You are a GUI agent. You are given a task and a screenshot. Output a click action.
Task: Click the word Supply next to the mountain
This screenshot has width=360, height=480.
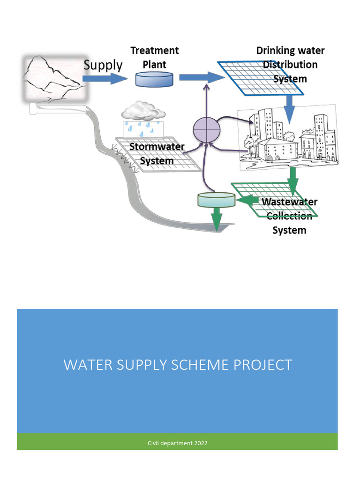click(x=103, y=65)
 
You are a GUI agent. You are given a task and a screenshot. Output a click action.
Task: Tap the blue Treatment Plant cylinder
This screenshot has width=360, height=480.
click(x=154, y=79)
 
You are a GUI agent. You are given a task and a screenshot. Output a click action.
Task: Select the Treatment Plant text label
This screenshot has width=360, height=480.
click(x=154, y=57)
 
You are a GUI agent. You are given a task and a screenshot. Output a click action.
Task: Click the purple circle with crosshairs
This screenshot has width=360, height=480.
click(x=207, y=128)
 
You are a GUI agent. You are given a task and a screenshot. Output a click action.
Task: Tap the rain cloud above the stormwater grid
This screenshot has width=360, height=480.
click(x=143, y=112)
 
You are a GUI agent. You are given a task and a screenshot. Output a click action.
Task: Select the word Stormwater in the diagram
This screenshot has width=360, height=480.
click(x=157, y=146)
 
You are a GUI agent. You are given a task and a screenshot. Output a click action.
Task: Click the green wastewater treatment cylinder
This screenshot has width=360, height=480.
click(x=217, y=200)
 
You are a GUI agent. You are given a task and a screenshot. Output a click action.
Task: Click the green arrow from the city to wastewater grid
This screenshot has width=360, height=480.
click(x=293, y=180)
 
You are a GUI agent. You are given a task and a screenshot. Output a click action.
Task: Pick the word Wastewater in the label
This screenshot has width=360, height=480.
click(x=289, y=202)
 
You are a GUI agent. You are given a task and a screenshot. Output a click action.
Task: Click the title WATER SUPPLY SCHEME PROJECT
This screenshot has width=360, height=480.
click(x=178, y=365)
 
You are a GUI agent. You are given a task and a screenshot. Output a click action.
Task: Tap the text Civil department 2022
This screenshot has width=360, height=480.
click(x=178, y=443)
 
